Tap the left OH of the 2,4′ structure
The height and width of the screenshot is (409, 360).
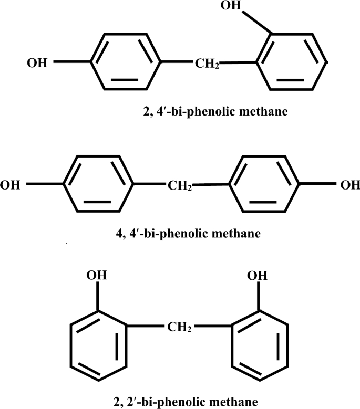37,64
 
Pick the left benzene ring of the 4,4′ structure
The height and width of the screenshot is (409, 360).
98,184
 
